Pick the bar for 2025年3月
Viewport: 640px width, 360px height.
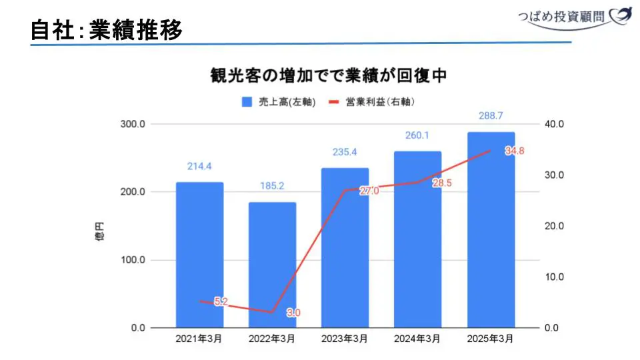(491, 229)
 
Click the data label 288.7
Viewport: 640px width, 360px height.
(491, 116)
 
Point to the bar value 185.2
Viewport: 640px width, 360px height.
(272, 186)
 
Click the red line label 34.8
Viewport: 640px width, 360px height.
(514, 151)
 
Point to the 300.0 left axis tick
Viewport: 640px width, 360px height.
(133, 124)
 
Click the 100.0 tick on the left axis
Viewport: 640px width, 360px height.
(133, 260)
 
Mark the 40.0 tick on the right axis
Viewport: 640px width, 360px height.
(555, 124)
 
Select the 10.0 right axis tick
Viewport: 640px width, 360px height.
(555, 277)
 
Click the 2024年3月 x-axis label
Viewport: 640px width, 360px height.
(417, 339)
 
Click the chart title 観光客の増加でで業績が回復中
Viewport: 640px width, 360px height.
(328, 75)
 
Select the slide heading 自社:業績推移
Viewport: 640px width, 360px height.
(107, 30)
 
